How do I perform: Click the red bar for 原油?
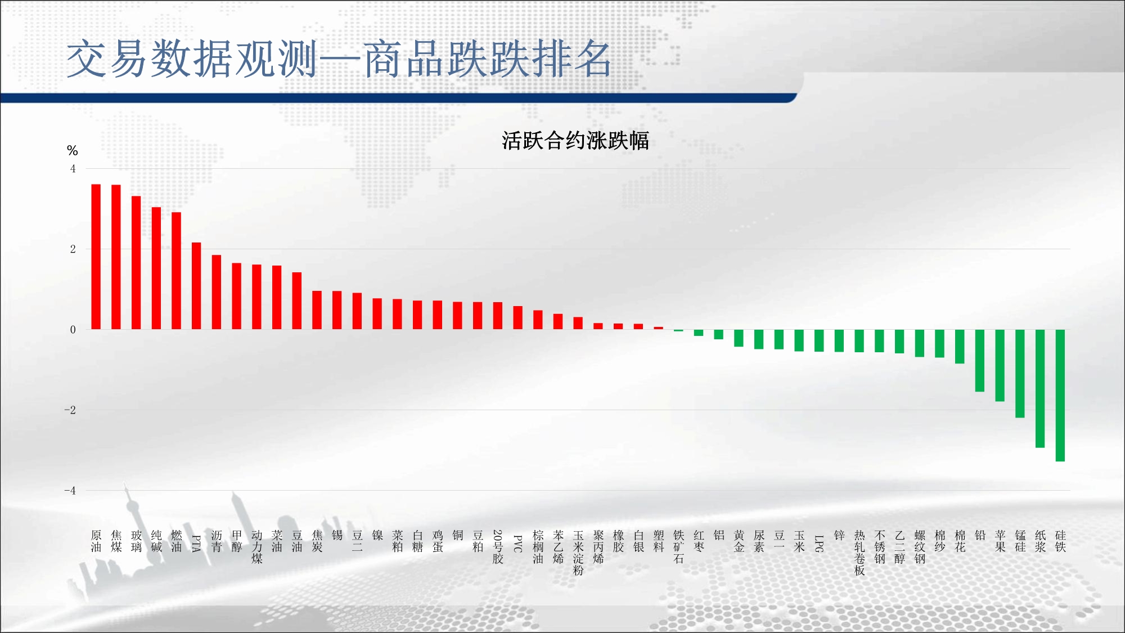96,257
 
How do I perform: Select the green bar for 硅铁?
1060,396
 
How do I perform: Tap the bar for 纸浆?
1040,389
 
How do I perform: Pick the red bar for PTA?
196,286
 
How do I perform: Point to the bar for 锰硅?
1020,374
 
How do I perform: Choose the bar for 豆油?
297,301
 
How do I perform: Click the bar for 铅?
980,361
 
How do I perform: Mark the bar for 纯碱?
156,268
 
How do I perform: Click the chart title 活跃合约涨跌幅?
575,141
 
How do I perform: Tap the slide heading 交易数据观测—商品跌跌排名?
339,59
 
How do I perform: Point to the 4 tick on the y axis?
73,169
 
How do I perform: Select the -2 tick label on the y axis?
70,410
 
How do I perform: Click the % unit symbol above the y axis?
72,150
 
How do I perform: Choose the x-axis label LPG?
819,544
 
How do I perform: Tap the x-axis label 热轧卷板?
859,553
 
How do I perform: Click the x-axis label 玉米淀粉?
578,553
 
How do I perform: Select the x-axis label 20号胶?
498,546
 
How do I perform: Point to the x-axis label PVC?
518,544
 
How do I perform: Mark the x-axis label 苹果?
1000,541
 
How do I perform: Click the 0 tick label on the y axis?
73,330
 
